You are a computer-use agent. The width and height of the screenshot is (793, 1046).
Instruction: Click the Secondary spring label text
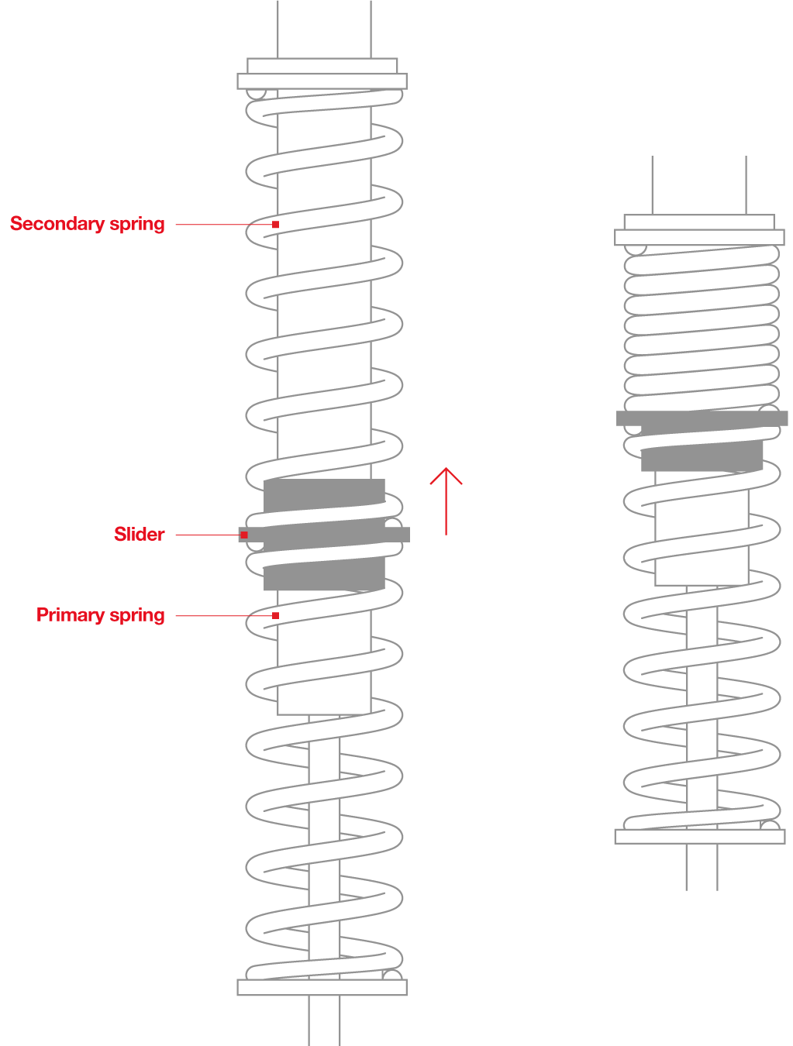[x=87, y=224]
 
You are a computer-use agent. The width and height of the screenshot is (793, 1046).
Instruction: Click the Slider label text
[x=139, y=534]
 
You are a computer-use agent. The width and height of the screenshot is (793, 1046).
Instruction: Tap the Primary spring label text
[x=100, y=615]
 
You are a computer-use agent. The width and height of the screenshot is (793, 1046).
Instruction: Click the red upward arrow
[x=446, y=501]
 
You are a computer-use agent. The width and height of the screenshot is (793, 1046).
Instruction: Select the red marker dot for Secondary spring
[x=275, y=225]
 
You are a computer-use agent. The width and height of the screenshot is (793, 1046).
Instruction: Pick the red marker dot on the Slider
[x=244, y=535]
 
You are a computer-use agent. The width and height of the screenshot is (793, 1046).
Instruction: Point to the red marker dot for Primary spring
[x=275, y=616]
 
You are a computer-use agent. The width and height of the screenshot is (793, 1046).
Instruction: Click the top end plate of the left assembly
[x=322, y=81]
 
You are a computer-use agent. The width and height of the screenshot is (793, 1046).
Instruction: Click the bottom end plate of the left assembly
[x=322, y=987]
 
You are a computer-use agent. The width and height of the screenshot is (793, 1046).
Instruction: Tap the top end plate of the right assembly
[x=699, y=237]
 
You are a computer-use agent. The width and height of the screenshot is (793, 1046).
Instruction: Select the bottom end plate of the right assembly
[x=699, y=836]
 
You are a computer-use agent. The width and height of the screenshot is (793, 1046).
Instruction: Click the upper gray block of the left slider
[x=324, y=494]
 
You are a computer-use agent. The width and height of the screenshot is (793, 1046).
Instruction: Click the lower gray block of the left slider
[x=324, y=575]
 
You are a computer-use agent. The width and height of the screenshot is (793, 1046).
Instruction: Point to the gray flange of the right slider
[x=702, y=418]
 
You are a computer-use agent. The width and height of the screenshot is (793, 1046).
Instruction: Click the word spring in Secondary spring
[x=137, y=225]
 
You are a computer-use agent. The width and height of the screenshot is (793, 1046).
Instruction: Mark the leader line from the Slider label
[x=205, y=535]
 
